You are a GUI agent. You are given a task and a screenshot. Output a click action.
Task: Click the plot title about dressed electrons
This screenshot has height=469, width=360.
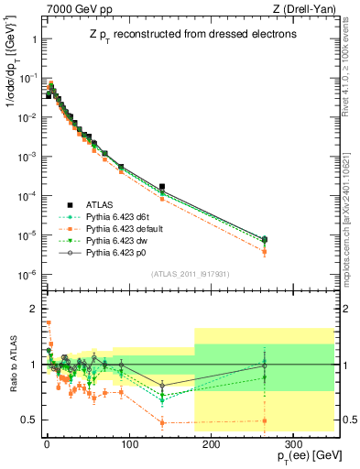184,35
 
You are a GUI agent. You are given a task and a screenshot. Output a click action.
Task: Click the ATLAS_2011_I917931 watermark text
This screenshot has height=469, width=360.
184,272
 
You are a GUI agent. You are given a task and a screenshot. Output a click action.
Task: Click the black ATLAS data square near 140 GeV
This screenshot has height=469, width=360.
162,187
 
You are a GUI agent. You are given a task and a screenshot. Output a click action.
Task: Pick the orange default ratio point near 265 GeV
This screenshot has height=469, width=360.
265,421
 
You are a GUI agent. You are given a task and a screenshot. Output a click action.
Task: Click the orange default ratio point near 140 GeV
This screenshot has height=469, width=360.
162,422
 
